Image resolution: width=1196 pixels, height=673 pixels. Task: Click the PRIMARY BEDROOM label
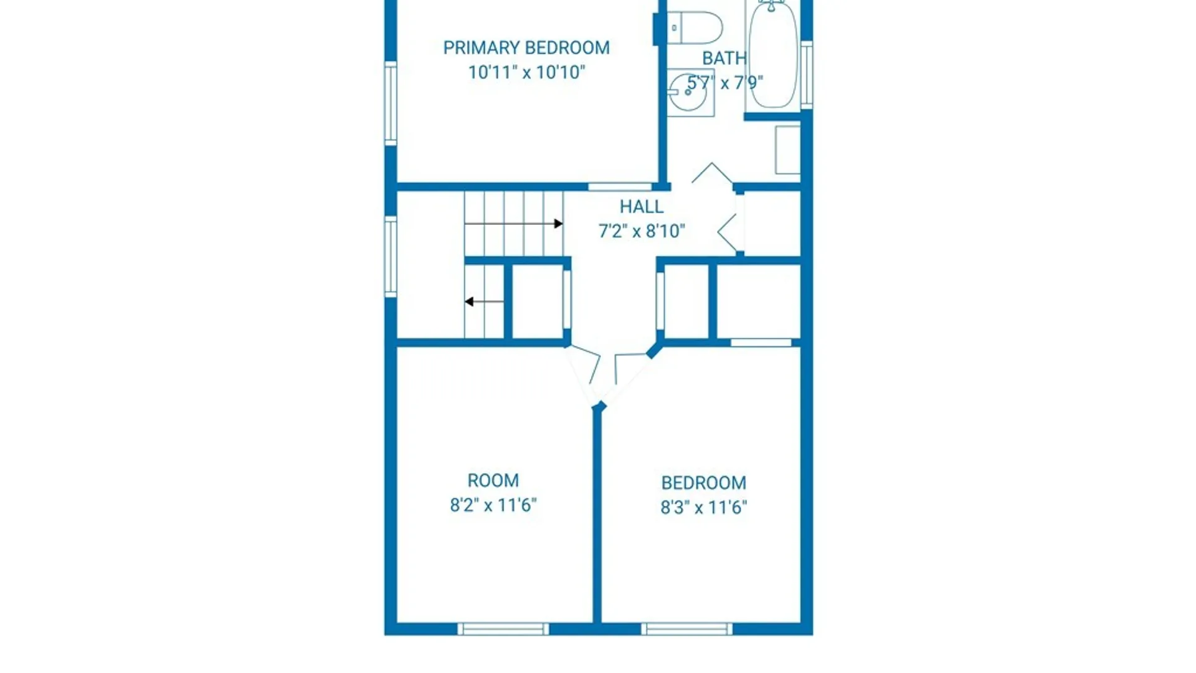point(526,48)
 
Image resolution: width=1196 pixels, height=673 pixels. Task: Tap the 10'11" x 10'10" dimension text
point(526,72)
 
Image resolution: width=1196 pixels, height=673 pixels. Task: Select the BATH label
point(724,59)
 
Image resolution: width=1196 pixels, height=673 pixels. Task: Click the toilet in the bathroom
point(695,28)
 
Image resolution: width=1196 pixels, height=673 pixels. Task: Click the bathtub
point(772,55)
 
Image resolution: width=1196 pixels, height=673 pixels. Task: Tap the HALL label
point(641,207)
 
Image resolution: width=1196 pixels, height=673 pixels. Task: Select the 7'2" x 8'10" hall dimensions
point(642,231)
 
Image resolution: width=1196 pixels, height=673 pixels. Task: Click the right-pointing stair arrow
point(514,224)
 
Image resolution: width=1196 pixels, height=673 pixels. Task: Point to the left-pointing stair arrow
point(484,302)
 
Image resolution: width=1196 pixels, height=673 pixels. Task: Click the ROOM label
point(493,480)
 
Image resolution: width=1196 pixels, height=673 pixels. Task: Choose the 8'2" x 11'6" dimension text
point(493,505)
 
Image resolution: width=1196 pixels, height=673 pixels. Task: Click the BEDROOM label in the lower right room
point(704,483)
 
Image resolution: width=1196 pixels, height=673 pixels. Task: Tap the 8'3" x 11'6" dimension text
point(704,507)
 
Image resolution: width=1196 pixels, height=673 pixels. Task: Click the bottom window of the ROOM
point(503,629)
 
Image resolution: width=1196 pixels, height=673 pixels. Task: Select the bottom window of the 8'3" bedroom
point(686,629)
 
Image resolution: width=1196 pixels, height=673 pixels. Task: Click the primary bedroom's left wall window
point(391,103)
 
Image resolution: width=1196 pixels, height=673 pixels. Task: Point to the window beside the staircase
point(391,256)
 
